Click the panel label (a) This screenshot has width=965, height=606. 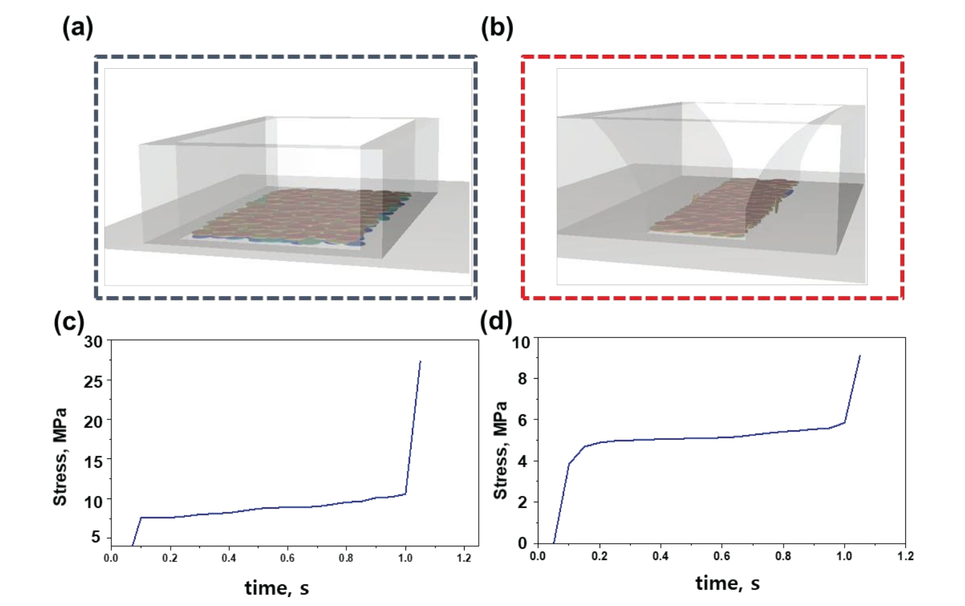[78, 28]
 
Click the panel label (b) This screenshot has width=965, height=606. [497, 28]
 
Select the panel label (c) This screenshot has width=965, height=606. [69, 322]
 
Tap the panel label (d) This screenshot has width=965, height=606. [495, 322]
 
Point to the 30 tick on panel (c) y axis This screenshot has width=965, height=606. [93, 342]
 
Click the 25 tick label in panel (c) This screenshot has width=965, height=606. [93, 381]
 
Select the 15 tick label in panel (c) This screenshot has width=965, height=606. [93, 462]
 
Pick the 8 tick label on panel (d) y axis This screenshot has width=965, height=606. [523, 379]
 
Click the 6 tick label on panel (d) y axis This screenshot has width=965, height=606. [523, 420]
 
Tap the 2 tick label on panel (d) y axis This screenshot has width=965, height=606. [523, 502]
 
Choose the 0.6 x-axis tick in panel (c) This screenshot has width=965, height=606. [287, 558]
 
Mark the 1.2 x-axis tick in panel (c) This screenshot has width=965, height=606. [464, 558]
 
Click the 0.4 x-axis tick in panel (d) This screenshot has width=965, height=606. [660, 556]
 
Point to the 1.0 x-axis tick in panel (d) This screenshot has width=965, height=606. [844, 556]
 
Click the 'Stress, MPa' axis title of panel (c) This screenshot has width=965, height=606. [60, 457]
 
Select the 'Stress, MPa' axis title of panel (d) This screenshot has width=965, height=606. [501, 450]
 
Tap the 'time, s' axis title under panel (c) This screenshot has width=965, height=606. [277, 588]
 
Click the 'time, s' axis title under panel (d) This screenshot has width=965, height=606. [728, 583]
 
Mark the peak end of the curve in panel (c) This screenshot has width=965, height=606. [420, 362]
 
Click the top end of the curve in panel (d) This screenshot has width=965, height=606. [860, 356]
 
